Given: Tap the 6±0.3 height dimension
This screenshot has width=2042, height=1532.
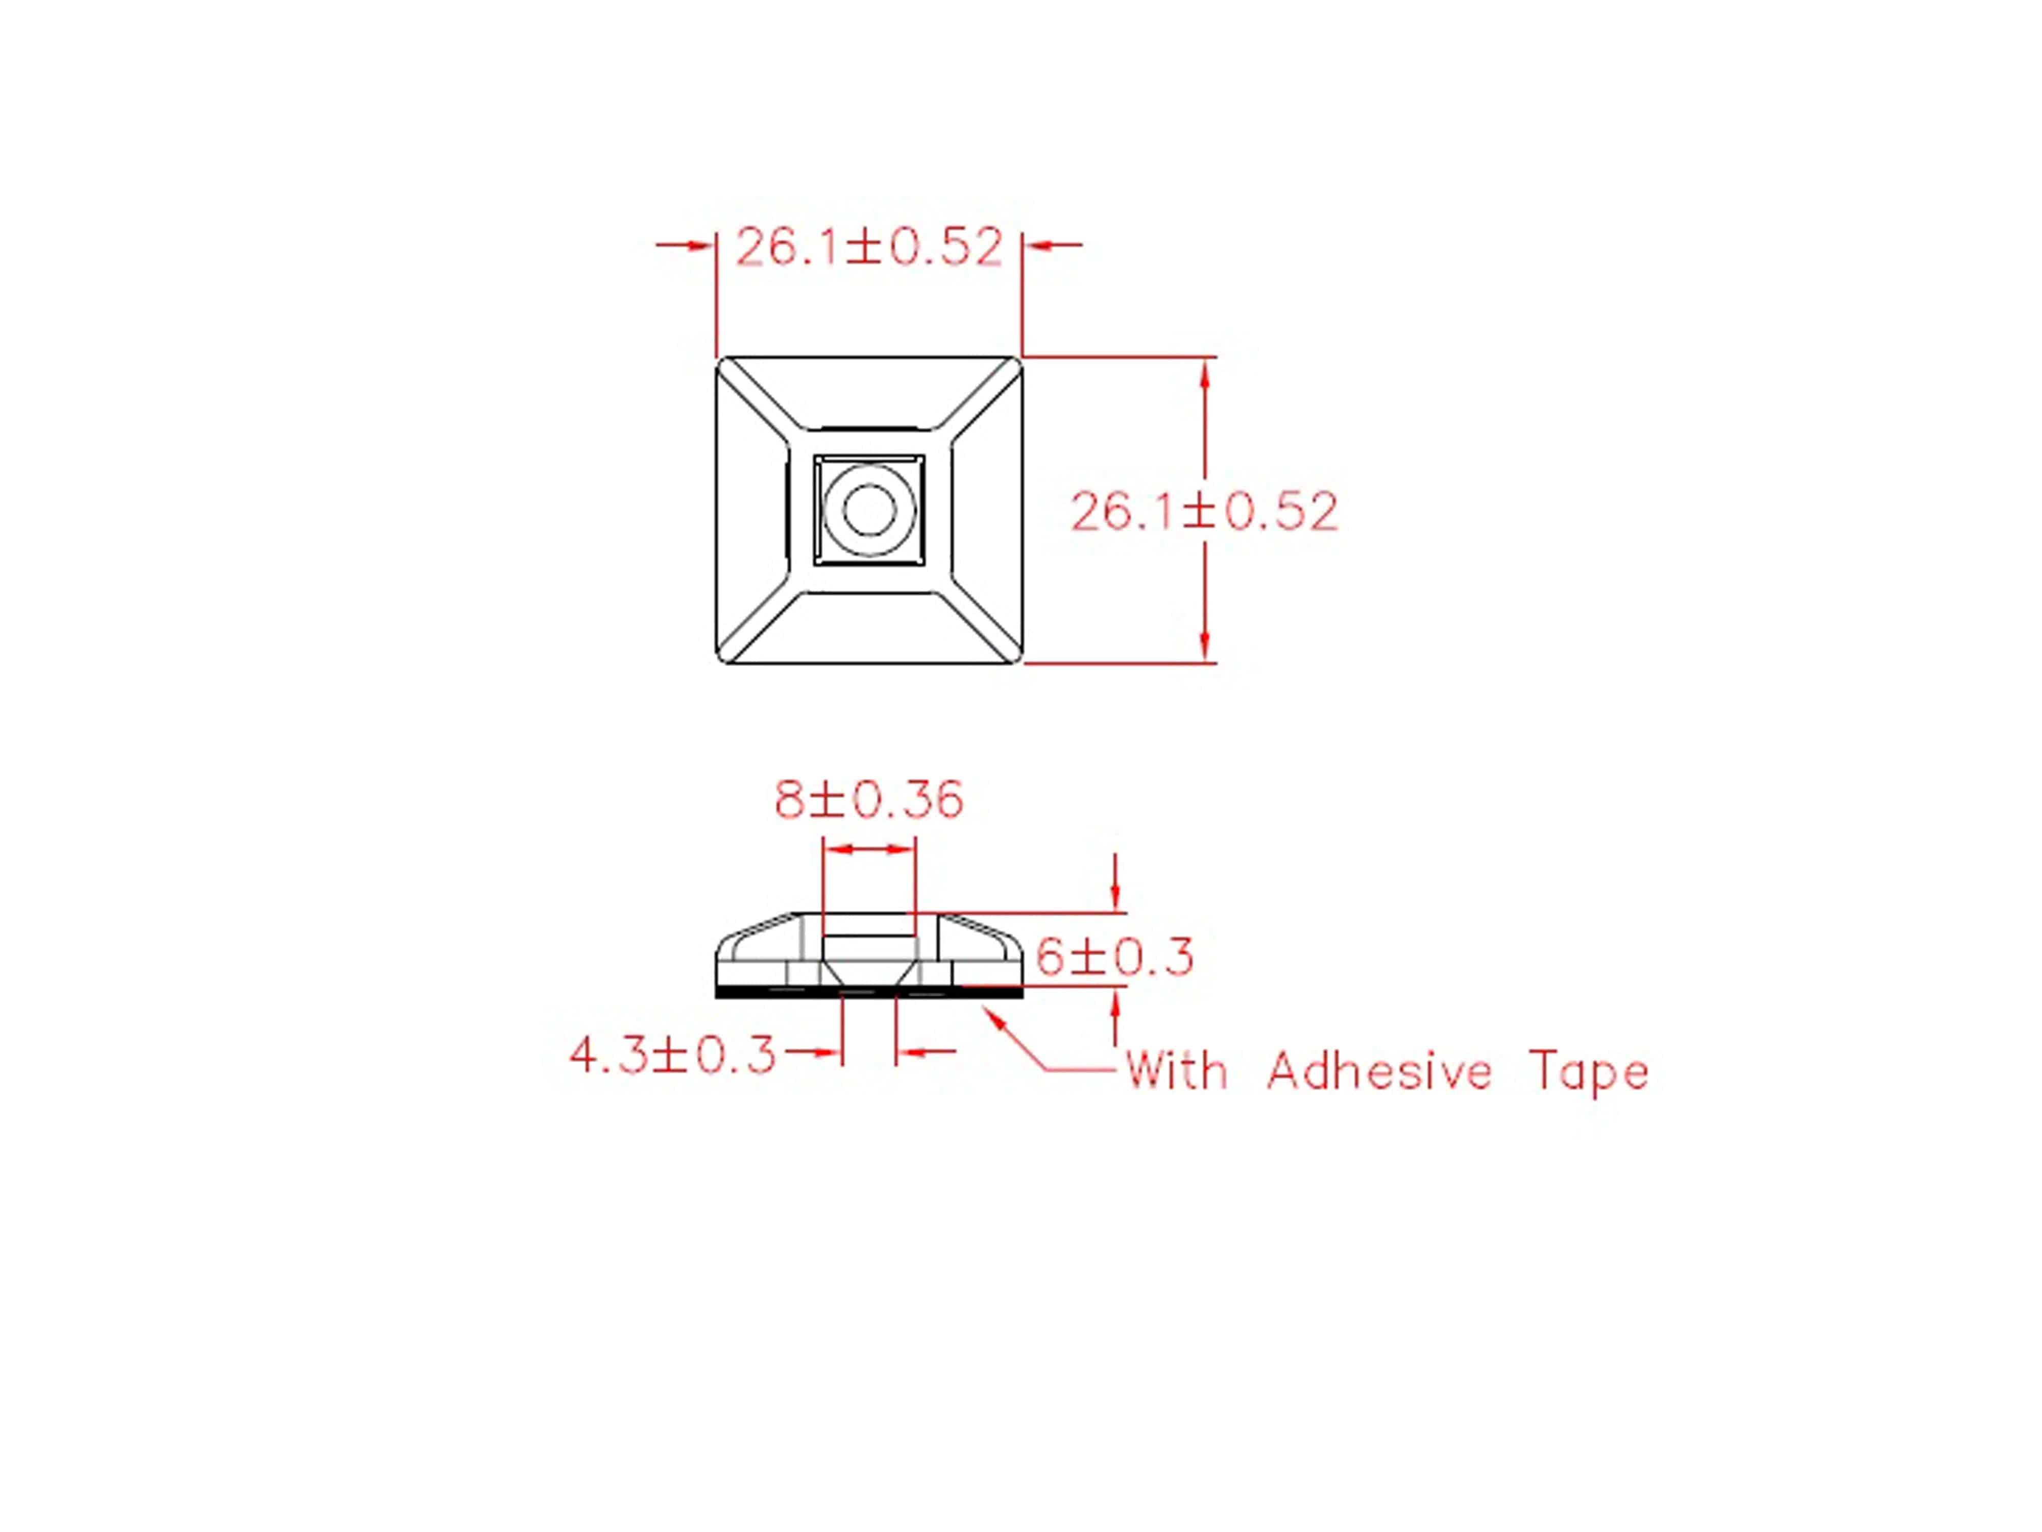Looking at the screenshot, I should click(x=1114, y=956).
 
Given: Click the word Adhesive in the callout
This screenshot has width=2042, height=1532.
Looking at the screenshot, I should click(x=1379, y=1072).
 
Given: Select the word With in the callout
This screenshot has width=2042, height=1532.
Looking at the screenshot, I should click(x=1177, y=1072).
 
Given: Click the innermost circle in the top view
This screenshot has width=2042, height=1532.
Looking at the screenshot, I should click(x=869, y=510).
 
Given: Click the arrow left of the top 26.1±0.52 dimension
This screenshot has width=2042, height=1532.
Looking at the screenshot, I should click(x=688, y=245).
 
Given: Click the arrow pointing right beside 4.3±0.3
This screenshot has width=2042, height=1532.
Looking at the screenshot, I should click(x=817, y=1051).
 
